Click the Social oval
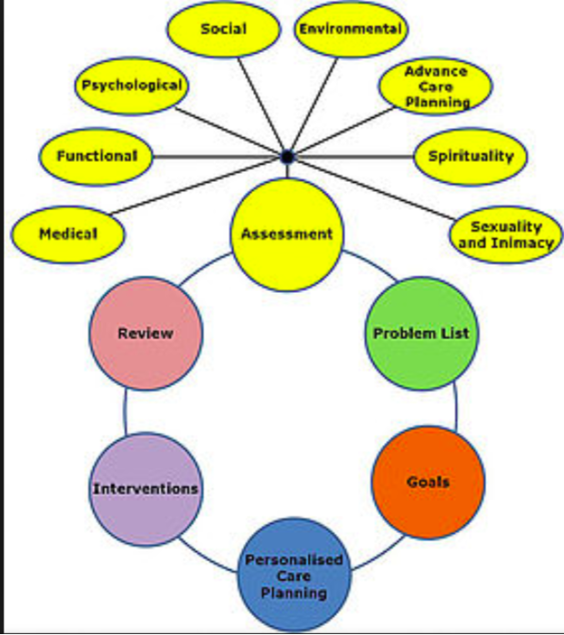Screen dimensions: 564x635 tap(224, 29)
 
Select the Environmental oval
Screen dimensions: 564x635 tap(350, 29)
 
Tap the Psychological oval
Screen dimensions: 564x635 tap(132, 86)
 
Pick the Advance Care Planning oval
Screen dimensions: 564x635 tap(436, 86)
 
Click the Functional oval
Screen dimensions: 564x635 tap(96, 156)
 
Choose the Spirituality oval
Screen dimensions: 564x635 tap(471, 156)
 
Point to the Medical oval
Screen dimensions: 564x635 tap(68, 235)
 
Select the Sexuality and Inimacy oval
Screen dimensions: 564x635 tap(506, 235)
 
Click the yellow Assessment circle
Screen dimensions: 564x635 tap(287, 235)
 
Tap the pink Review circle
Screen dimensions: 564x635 tap(146, 334)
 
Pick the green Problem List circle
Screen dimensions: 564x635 tap(421, 334)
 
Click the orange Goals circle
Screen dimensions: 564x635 tap(428, 482)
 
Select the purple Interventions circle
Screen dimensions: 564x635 tap(146, 489)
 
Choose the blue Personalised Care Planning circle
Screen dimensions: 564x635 tap(294, 575)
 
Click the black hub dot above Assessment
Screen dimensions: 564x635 tap(287, 156)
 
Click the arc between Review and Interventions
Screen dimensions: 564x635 tap(125, 411)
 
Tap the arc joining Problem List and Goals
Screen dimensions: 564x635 tap(457, 406)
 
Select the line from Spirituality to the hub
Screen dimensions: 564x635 tap(354, 156)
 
